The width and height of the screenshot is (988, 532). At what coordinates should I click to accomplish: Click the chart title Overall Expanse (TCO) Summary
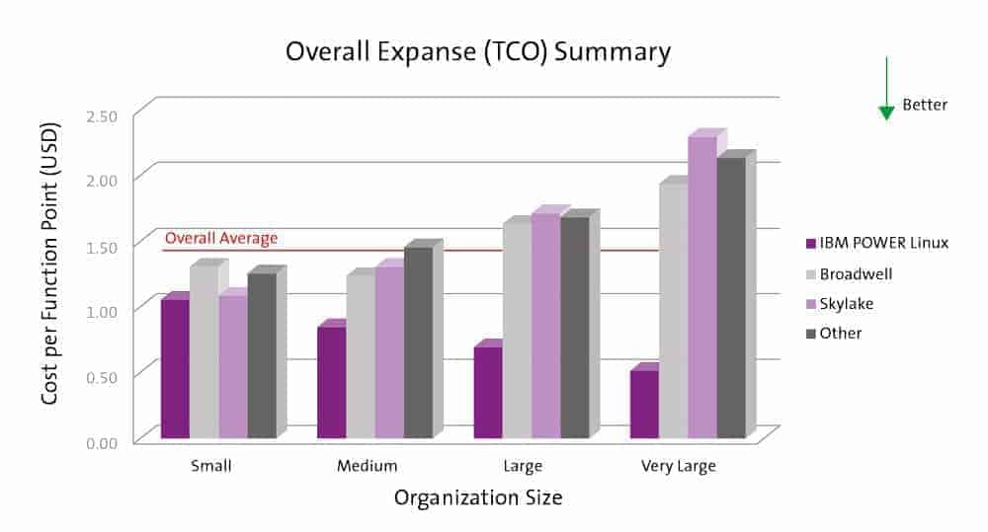(478, 51)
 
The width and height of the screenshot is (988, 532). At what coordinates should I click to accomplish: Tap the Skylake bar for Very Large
(702, 286)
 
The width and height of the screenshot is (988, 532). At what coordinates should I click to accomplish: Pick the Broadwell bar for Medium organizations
(361, 355)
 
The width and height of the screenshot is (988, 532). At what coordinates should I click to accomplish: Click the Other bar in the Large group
(574, 327)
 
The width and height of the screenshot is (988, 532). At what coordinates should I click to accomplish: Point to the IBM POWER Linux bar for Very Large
(645, 404)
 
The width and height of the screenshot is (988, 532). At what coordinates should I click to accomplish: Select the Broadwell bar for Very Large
(674, 310)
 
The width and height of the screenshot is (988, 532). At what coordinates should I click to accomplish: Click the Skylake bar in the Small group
(233, 366)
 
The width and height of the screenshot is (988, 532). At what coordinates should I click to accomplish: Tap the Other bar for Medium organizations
(418, 342)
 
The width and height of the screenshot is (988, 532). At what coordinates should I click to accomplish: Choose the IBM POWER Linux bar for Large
(488, 392)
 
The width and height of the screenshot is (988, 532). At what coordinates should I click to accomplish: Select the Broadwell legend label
(855, 273)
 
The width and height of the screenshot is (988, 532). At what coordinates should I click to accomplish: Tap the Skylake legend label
(847, 303)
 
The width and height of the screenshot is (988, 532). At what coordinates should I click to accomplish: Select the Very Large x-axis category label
(678, 466)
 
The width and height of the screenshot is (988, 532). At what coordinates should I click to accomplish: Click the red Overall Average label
(221, 238)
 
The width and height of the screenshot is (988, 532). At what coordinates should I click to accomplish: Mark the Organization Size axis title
(478, 497)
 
